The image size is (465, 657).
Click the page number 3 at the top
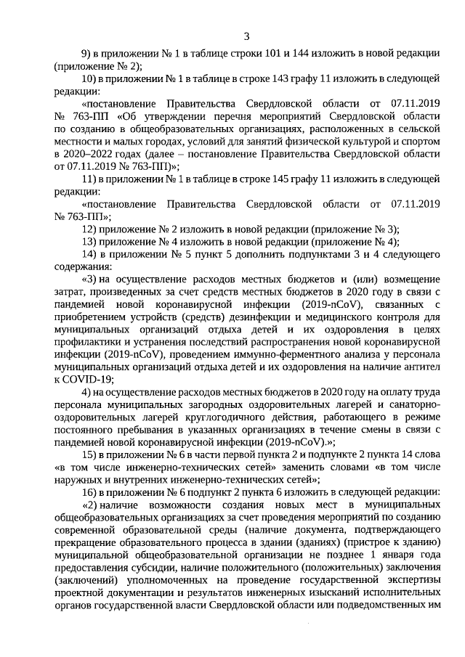click(246, 36)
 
